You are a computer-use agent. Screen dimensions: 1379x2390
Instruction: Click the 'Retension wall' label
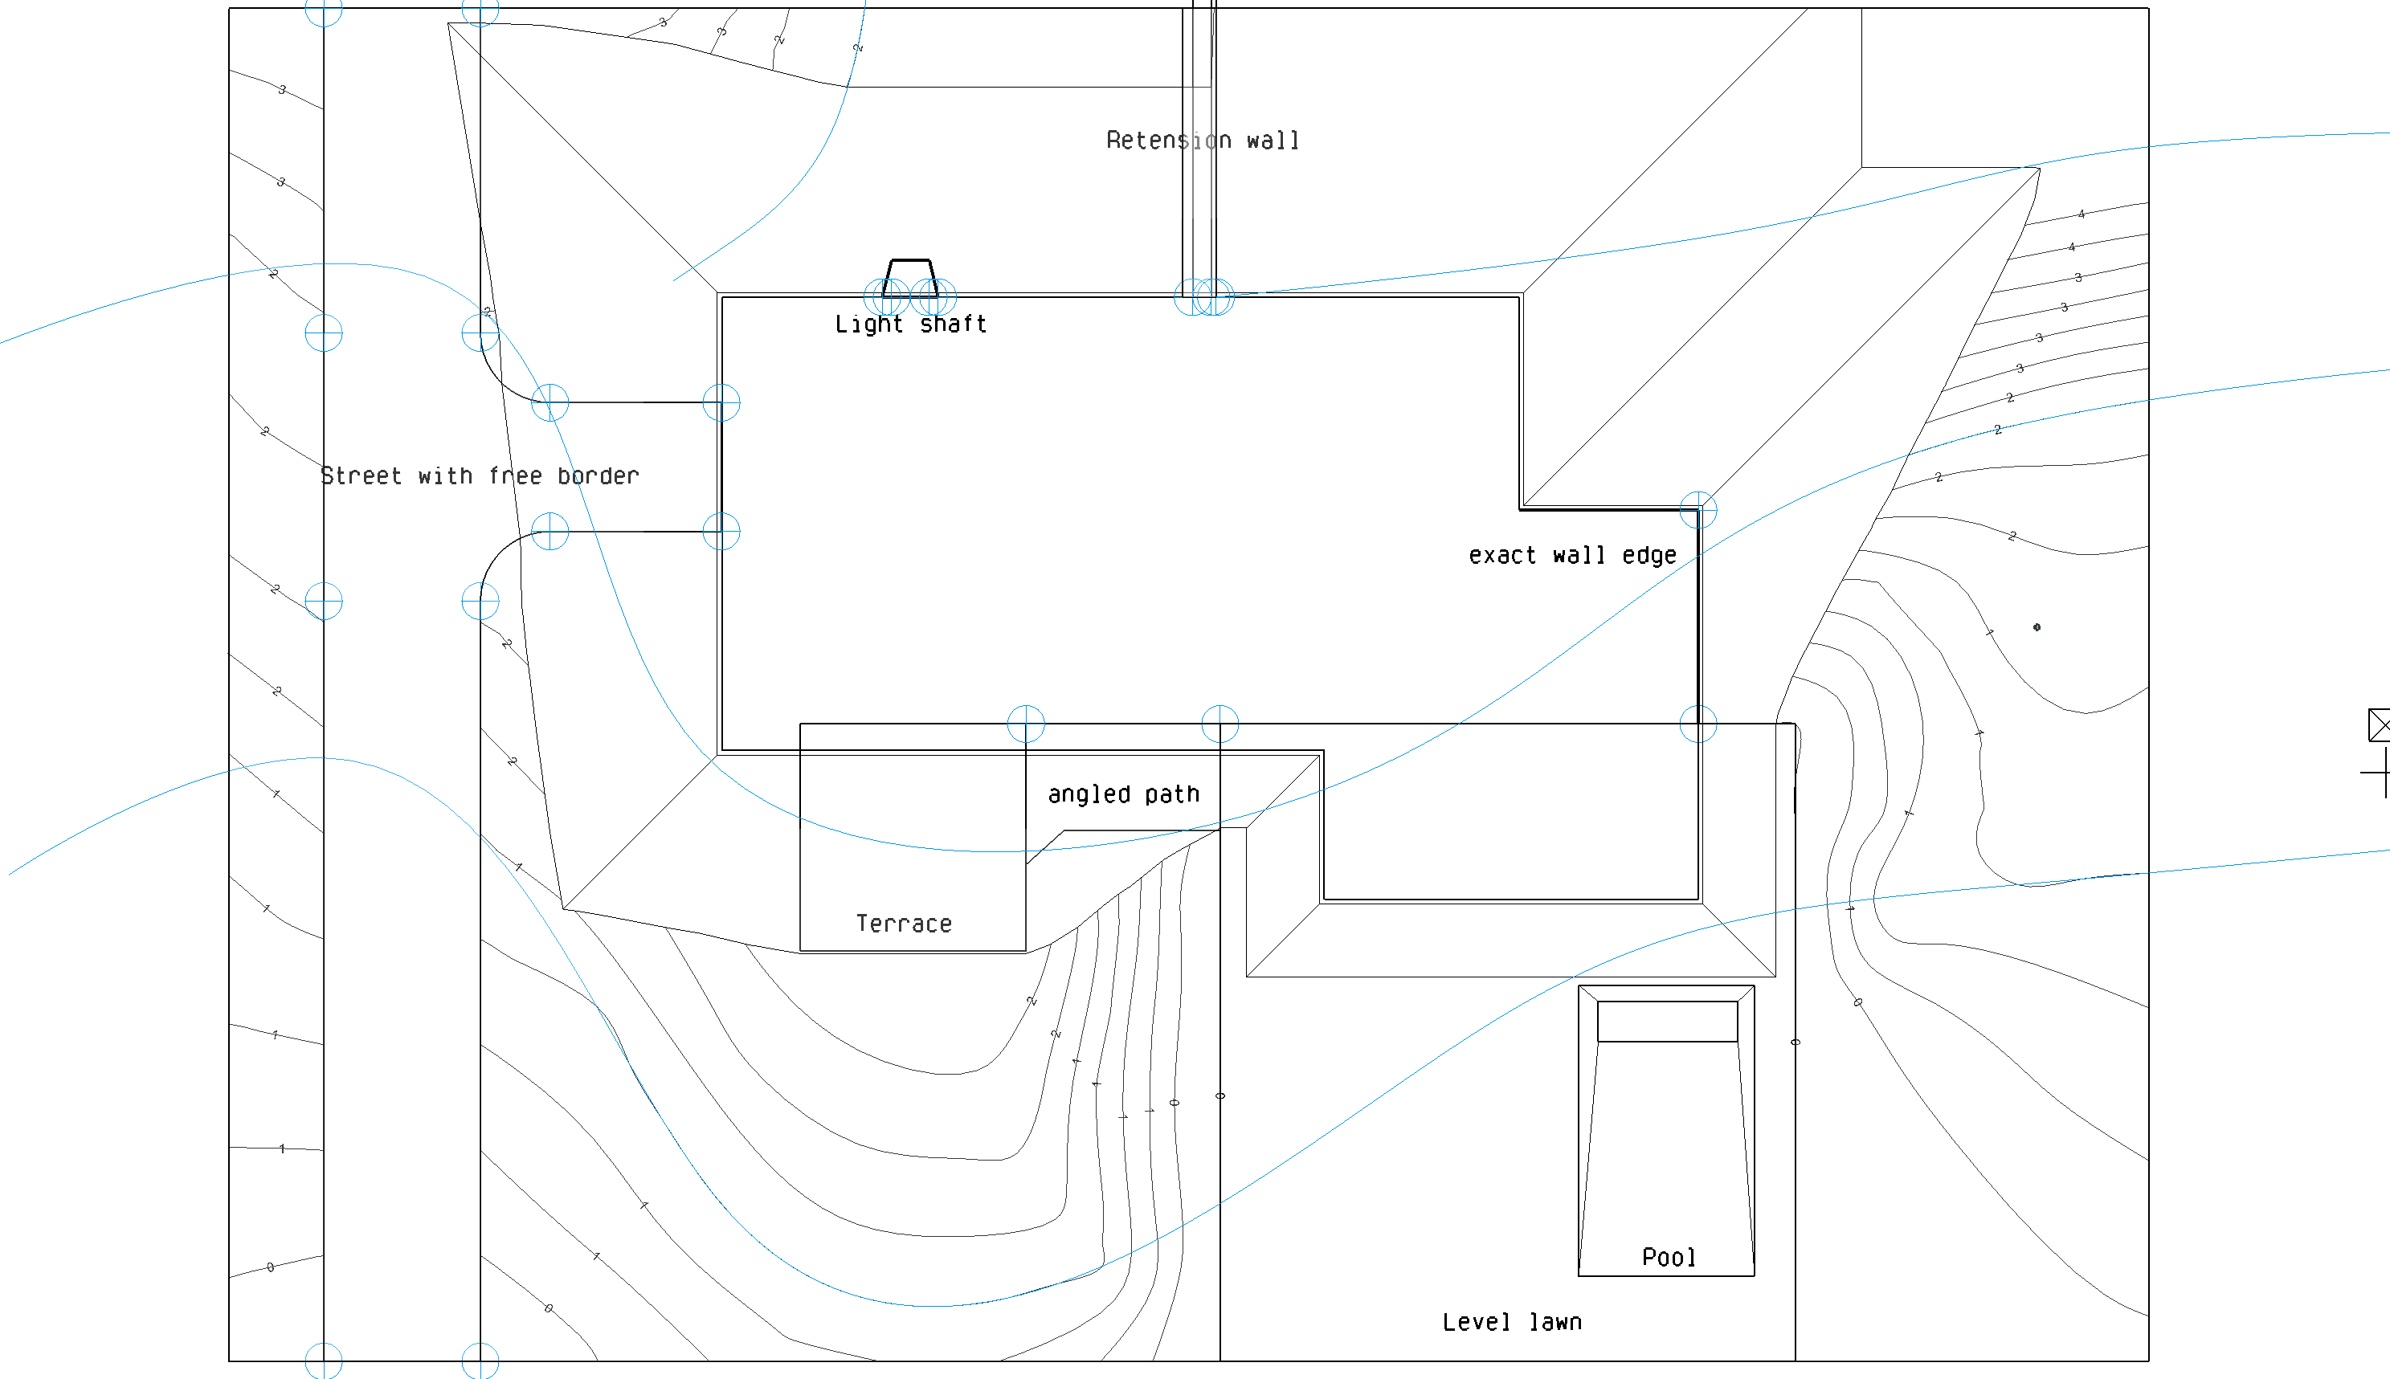coord(1202,141)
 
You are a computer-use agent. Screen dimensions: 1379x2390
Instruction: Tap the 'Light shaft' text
coord(910,324)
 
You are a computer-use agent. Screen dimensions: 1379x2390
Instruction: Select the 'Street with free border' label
coord(480,476)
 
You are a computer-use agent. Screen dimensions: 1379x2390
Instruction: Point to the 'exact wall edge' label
coord(1572,556)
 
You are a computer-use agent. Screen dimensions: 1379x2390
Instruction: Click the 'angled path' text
coord(1123,794)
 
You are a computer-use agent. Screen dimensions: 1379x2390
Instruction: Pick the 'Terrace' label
coord(904,924)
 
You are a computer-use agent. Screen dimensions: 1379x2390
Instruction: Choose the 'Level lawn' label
coord(1512,1323)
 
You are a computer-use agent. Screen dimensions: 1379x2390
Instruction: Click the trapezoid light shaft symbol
coord(909,279)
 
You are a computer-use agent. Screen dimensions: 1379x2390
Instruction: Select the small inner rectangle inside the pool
coord(1667,1022)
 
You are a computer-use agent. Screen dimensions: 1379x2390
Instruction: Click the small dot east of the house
coord(2037,627)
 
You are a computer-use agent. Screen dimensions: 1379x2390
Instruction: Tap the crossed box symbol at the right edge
coord(2379,725)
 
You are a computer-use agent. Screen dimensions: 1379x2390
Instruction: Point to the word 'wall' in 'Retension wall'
coord(1273,141)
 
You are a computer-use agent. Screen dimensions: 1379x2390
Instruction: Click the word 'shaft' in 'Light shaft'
coord(953,324)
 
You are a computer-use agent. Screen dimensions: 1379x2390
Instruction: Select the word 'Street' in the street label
coord(361,476)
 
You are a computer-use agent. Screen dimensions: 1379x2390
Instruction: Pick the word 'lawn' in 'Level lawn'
coord(1555,1323)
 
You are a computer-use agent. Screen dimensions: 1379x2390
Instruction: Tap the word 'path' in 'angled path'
coord(1172,794)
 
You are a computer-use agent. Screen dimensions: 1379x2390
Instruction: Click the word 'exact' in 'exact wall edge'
coord(1502,556)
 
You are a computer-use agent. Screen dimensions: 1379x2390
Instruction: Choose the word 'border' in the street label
coord(598,476)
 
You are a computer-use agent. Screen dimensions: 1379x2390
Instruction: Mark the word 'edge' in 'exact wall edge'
coord(1649,556)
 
